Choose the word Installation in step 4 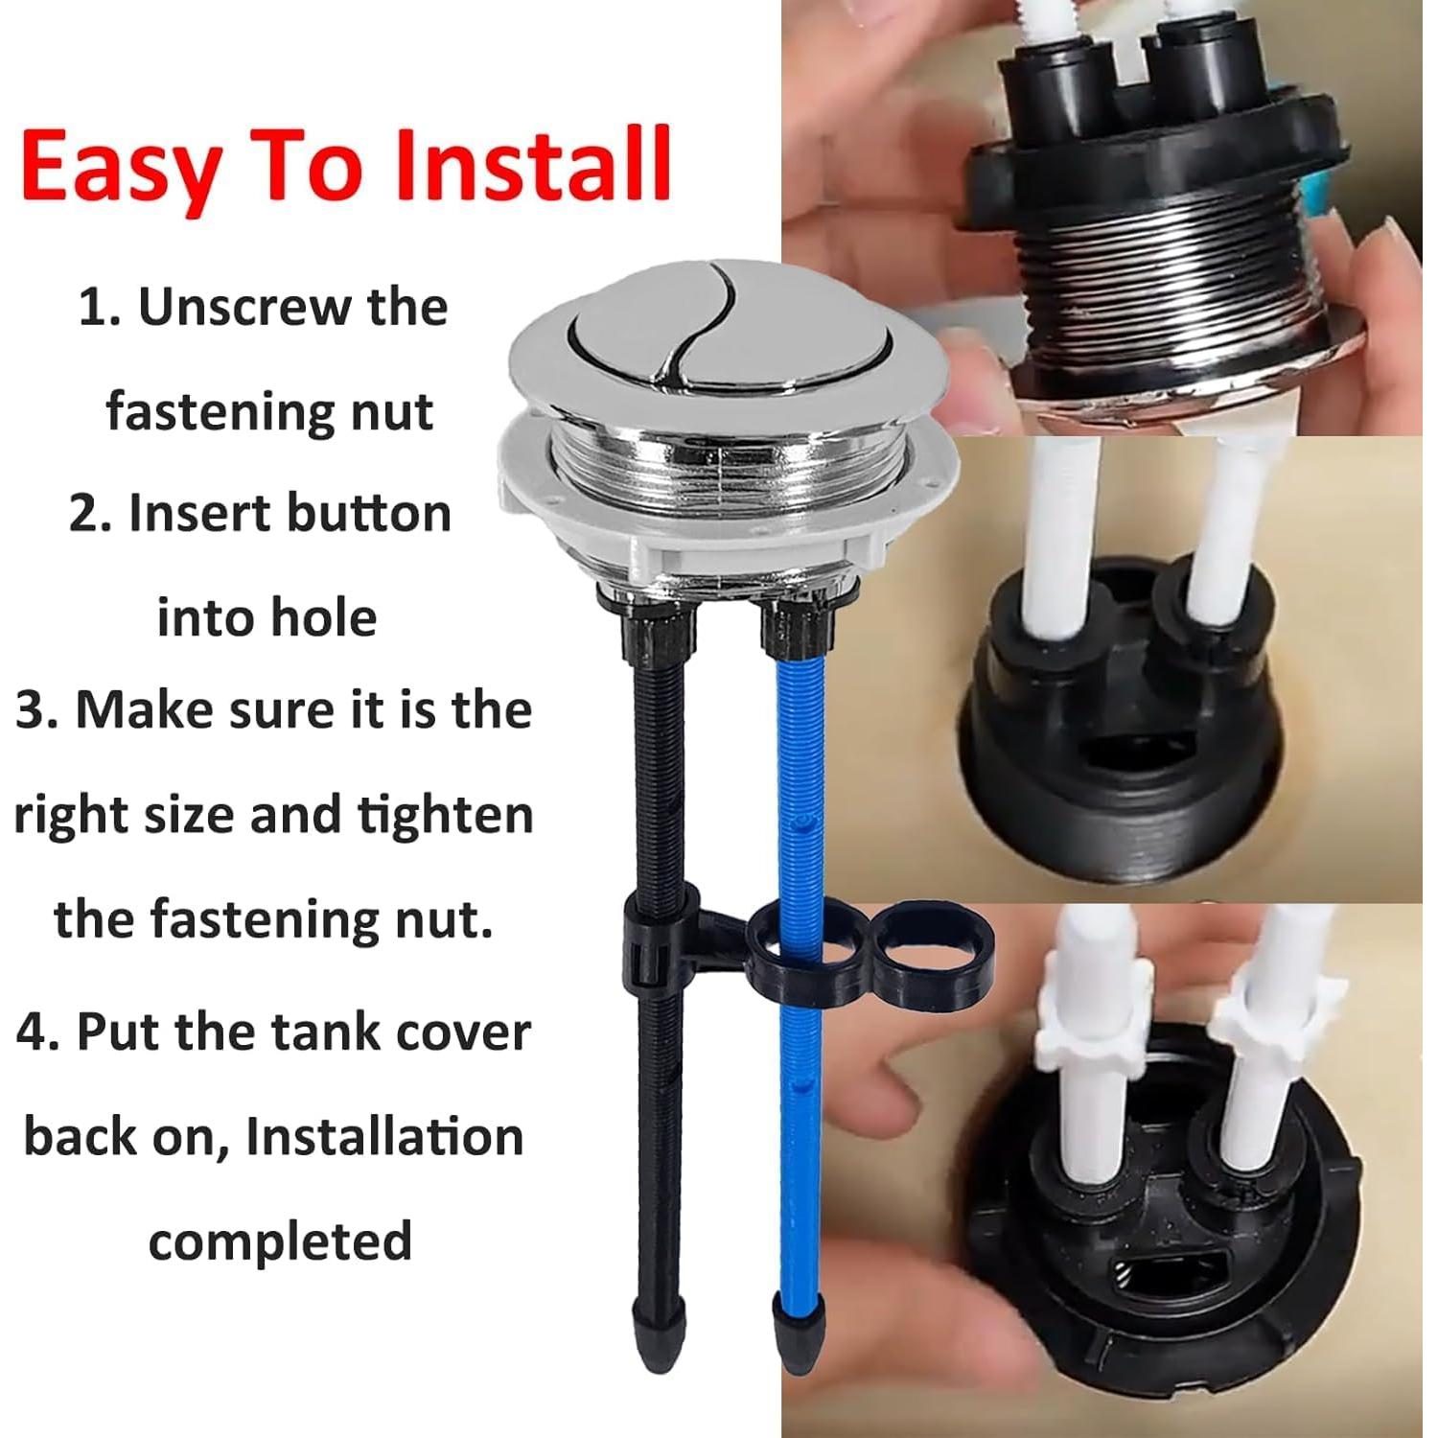[384, 1137]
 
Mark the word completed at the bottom [280, 1241]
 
